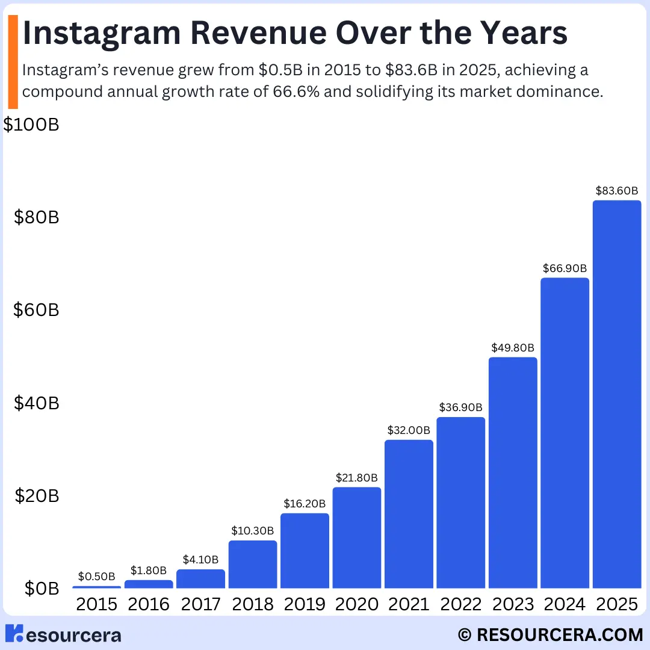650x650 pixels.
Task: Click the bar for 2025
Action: (x=616, y=394)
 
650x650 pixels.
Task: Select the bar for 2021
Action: (x=409, y=514)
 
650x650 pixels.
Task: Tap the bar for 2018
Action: (x=253, y=564)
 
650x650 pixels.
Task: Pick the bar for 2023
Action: (x=513, y=472)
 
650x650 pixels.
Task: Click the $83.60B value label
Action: (x=616, y=191)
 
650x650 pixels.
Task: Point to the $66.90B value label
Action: (x=565, y=268)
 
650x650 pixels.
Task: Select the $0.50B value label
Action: (x=97, y=577)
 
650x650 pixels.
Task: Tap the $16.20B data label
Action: (x=305, y=504)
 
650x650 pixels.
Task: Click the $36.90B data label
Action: (x=460, y=407)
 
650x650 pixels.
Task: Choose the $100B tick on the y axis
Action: (x=31, y=125)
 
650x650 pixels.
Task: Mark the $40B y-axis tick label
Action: (x=37, y=403)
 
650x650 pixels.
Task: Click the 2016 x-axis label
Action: (x=149, y=604)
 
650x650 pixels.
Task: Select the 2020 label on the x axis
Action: (x=356, y=604)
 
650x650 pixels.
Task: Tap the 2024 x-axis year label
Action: (x=565, y=604)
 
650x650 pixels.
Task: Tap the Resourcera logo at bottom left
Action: (x=63, y=634)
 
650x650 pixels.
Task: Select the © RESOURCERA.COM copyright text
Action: (x=550, y=634)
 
